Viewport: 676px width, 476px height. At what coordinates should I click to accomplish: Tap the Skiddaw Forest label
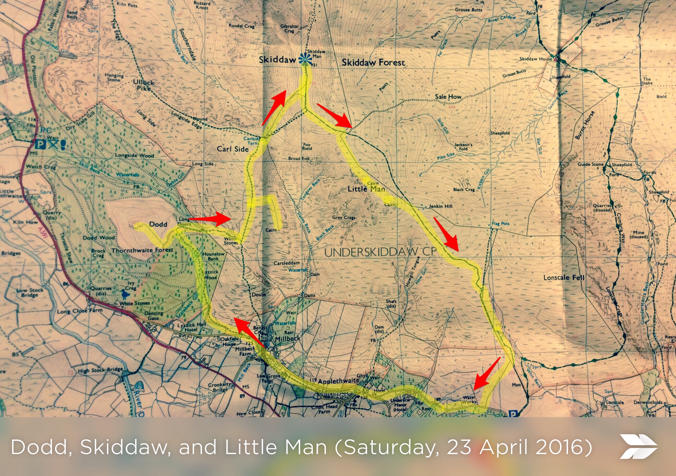[373, 62]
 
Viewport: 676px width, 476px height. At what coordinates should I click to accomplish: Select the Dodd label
[158, 224]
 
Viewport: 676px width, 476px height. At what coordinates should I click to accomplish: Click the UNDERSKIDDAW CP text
[380, 252]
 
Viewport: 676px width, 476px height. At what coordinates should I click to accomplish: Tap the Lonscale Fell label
[564, 277]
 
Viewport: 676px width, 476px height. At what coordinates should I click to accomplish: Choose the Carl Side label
[233, 149]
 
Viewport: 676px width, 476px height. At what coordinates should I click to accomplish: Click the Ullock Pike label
[144, 85]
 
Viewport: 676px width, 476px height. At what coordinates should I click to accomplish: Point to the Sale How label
[448, 97]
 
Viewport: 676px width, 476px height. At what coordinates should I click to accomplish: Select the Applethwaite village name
[339, 381]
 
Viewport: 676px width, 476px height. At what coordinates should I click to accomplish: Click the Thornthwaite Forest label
[142, 250]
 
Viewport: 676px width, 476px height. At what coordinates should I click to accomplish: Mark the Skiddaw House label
[536, 59]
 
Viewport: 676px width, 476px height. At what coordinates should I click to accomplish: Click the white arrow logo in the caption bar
[638, 446]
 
